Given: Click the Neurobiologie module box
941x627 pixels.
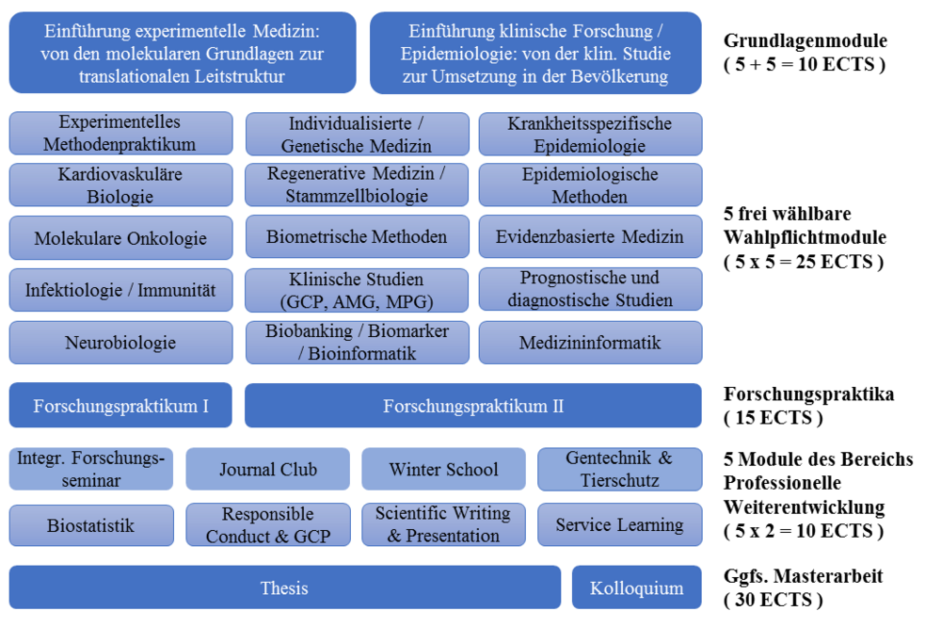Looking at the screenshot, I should coord(120,343).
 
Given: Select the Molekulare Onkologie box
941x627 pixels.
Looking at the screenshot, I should coord(120,238).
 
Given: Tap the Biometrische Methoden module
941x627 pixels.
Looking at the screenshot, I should coord(357,237).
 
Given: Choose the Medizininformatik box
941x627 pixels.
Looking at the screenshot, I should coord(590,343).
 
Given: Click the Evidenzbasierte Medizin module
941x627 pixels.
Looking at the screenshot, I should coord(590,237).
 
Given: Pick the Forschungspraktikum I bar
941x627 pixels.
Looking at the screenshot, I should coord(120,406).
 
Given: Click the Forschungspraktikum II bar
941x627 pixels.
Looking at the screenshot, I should coord(473,406).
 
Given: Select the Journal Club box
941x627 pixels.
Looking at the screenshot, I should coord(268,469).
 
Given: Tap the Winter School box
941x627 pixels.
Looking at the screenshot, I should coord(443,469).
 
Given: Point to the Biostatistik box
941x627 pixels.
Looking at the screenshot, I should coord(91,525).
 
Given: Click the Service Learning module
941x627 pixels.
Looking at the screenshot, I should coord(619,525).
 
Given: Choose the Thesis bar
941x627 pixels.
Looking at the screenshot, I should coord(284,588).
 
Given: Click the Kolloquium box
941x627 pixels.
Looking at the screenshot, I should coord(637,588).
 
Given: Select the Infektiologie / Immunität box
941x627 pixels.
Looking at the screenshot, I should coord(120,290).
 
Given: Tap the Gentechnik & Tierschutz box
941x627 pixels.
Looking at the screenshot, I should coord(619,469).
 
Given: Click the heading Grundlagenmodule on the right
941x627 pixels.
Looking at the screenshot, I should coord(805,40).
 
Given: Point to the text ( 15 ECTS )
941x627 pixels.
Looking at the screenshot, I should coord(774,417).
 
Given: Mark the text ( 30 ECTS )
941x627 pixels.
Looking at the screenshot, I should coord(774,600).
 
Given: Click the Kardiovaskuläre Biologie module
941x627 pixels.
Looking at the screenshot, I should coord(120,185).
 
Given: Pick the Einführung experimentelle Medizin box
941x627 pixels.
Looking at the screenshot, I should coord(183,53).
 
